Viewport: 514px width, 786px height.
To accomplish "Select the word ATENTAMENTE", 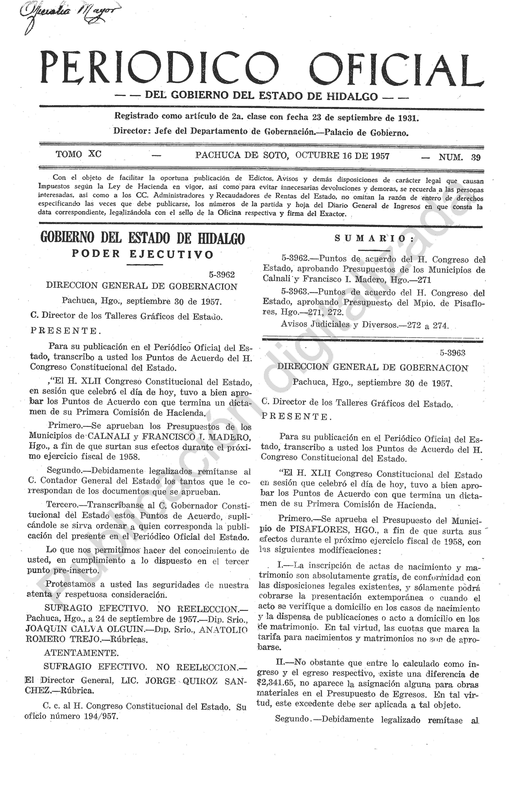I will (81, 653).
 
